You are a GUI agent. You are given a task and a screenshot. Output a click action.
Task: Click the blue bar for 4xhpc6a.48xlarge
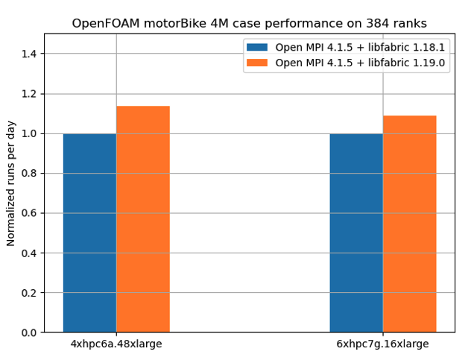tap(89, 233)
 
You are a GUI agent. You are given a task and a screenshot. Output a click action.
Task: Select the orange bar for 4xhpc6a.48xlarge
tap(143, 219)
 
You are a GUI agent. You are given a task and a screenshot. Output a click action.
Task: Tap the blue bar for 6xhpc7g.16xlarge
tap(356, 233)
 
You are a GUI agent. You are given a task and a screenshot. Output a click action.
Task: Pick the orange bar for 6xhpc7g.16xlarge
tap(410, 224)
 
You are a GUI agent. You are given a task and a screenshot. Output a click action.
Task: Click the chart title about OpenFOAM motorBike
tap(249, 23)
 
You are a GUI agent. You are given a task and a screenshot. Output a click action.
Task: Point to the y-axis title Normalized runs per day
tap(11, 183)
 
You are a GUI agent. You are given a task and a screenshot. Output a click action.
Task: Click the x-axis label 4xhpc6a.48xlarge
tap(116, 344)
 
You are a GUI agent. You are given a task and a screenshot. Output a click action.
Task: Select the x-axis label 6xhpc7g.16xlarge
tap(383, 344)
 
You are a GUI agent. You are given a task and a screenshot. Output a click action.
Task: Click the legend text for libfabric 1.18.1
tap(360, 47)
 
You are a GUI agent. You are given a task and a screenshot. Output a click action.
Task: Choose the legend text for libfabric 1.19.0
tap(360, 63)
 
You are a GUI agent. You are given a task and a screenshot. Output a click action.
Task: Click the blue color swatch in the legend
tap(257, 47)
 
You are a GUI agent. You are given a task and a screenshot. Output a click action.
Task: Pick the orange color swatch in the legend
tap(257, 63)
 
